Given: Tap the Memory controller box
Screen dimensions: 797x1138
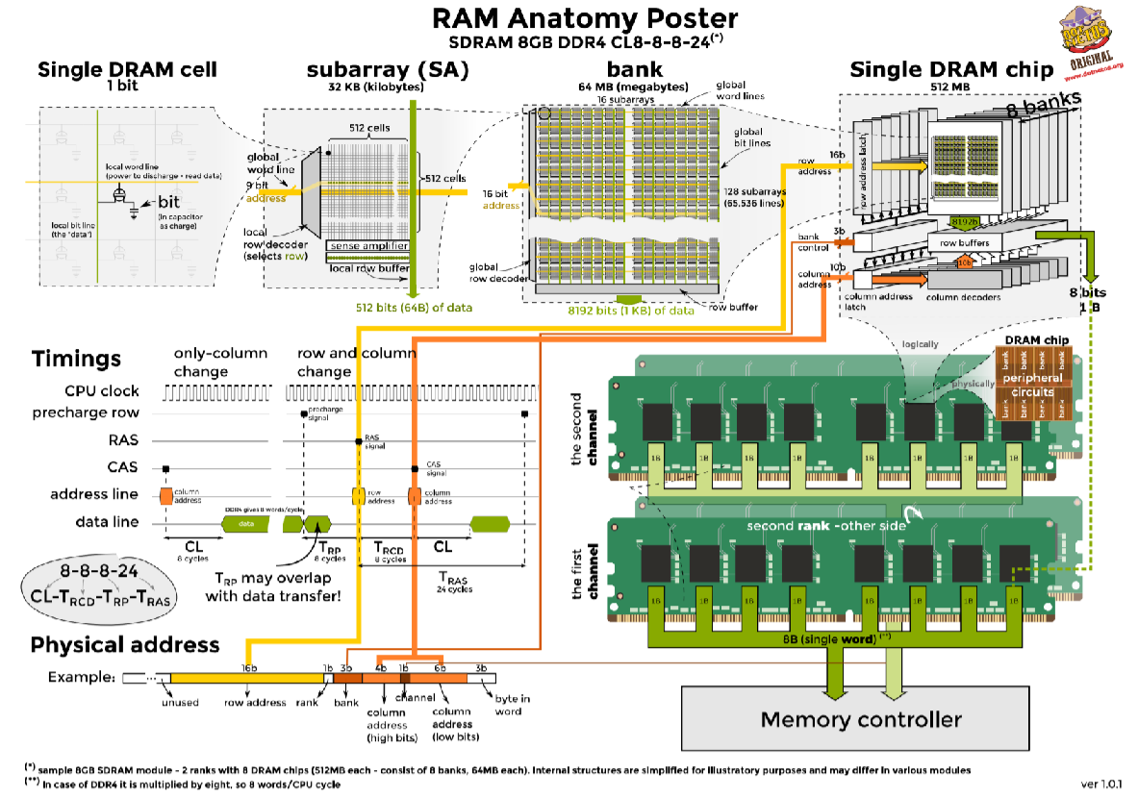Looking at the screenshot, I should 860,719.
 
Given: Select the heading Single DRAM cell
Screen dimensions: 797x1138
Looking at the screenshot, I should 127,69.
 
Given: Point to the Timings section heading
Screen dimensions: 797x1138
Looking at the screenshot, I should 76,359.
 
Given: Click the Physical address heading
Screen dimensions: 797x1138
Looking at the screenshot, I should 125,644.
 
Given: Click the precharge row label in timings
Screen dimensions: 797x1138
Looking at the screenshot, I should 86,412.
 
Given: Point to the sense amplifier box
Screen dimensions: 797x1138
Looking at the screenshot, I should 366,247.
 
